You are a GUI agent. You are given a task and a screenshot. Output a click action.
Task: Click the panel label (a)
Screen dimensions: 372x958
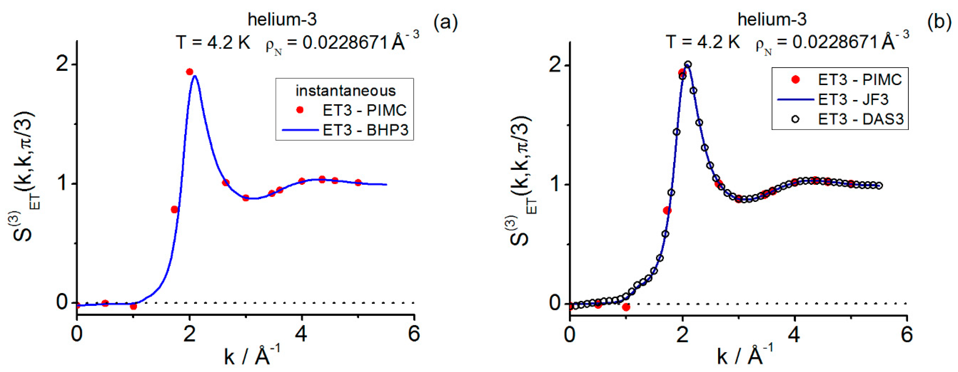pyautogui.click(x=445, y=23)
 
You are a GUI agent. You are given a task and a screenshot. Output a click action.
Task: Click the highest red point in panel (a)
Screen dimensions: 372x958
pyautogui.click(x=190, y=72)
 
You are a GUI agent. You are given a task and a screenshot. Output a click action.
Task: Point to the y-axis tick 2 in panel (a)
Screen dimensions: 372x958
pyautogui.click(x=63, y=64)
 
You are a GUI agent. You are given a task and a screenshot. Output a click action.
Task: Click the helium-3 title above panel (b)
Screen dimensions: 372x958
pyautogui.click(x=772, y=19)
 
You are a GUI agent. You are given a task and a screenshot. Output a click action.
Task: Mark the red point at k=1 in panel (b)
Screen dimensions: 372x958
pyautogui.click(x=626, y=307)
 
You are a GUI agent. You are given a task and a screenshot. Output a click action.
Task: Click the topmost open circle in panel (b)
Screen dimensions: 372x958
pyautogui.click(x=688, y=64)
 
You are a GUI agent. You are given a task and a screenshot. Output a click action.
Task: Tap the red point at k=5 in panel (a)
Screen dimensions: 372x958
pyautogui.click(x=358, y=182)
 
